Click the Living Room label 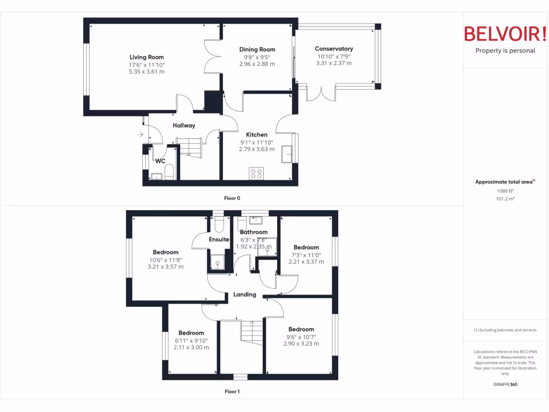pyautogui.click(x=146, y=57)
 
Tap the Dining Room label pyautogui.click(x=257, y=49)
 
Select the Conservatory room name pyautogui.click(x=333, y=49)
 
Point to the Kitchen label pyautogui.click(x=256, y=135)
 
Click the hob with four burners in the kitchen pyautogui.click(x=256, y=173)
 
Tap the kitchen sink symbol pyautogui.click(x=289, y=153)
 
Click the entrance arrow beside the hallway pyautogui.click(x=140, y=135)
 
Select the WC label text pyautogui.click(x=160, y=161)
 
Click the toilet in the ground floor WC pyautogui.click(x=169, y=172)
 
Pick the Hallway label pyautogui.click(x=184, y=126)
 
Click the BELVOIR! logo pyautogui.click(x=505, y=34)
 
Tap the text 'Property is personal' pyautogui.click(x=505, y=51)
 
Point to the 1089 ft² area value pyautogui.click(x=505, y=190)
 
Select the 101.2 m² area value pyautogui.click(x=505, y=198)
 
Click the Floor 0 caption pyautogui.click(x=232, y=198)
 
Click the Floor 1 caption pyautogui.click(x=232, y=392)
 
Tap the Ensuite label pyautogui.click(x=219, y=239)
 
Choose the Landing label pyautogui.click(x=244, y=295)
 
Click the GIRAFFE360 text pyautogui.click(x=505, y=385)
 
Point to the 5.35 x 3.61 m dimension pyautogui.click(x=146, y=71)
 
